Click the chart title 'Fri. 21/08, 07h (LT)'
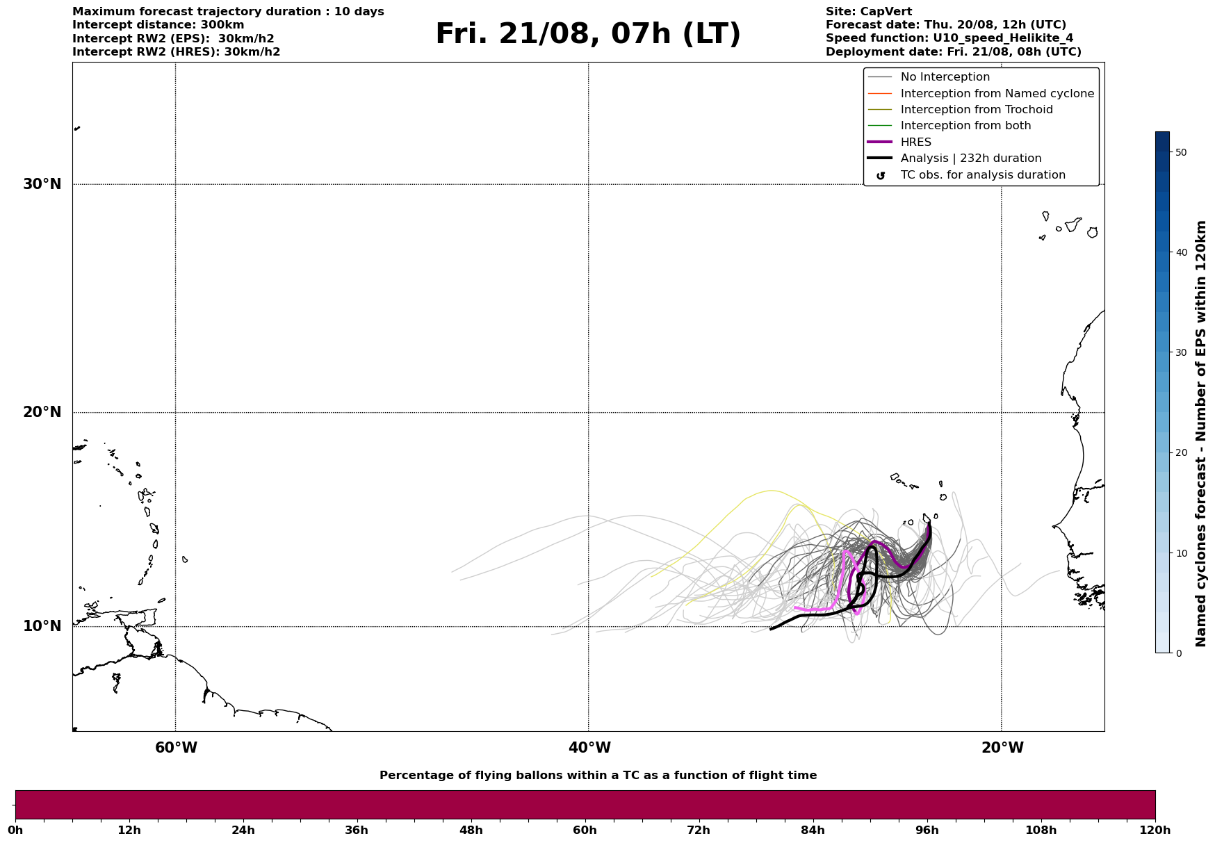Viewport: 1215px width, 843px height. tap(588, 34)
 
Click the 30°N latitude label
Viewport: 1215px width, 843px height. tap(42, 184)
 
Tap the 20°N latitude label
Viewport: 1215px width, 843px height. tap(42, 412)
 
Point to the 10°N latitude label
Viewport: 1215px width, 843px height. tap(42, 626)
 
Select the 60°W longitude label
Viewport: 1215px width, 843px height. tap(176, 748)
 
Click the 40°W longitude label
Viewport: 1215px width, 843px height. tap(589, 748)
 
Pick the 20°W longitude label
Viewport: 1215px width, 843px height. tap(1002, 748)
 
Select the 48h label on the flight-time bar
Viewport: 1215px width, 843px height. tap(471, 830)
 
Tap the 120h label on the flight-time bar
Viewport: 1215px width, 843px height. tap(1155, 830)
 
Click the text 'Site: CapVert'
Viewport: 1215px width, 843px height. tap(869, 12)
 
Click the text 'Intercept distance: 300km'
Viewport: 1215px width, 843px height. tap(158, 25)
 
